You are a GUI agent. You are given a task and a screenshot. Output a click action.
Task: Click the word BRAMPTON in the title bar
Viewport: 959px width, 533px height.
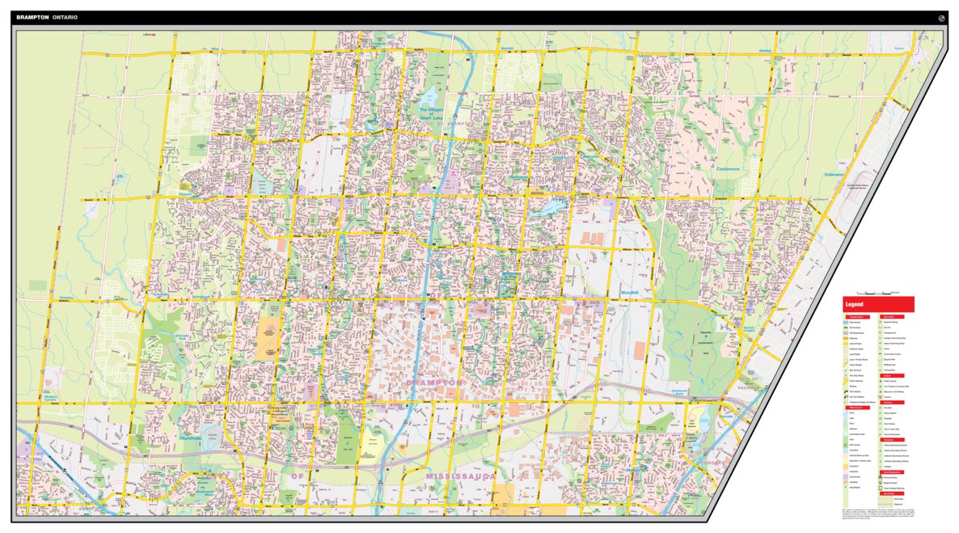(x=32, y=17)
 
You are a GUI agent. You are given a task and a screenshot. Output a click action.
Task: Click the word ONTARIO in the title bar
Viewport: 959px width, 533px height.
(x=65, y=17)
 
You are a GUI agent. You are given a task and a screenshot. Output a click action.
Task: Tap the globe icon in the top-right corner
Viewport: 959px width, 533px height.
(x=941, y=17)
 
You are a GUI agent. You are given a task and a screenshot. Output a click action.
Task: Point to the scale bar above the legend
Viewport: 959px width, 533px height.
(x=877, y=292)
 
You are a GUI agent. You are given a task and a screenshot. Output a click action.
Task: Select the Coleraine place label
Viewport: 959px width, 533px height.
(x=834, y=175)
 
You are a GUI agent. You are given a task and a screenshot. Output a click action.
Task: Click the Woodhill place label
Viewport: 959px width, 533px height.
(x=629, y=291)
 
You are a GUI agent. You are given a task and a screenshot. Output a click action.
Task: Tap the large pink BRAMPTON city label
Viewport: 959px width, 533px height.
(x=435, y=382)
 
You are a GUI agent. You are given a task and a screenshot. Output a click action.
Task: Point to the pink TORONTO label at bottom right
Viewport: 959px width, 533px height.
(x=716, y=462)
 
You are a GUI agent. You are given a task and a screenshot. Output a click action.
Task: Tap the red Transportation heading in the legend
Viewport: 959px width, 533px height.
(x=857, y=316)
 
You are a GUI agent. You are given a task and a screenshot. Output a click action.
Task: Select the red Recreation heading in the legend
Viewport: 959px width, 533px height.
(x=892, y=316)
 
